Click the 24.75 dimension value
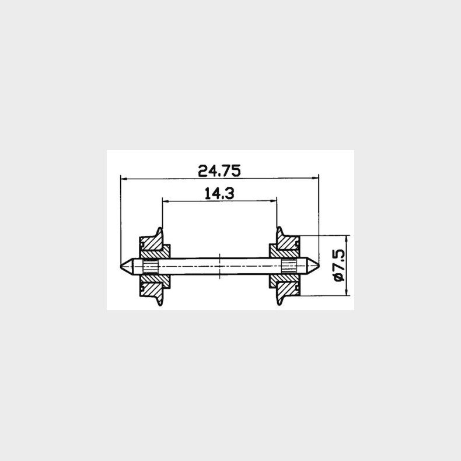click(x=219, y=170)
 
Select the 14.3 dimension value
click(x=219, y=193)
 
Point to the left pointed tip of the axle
click(x=122, y=266)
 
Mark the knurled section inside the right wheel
click(x=288, y=266)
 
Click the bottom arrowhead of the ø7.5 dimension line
click(x=347, y=293)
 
